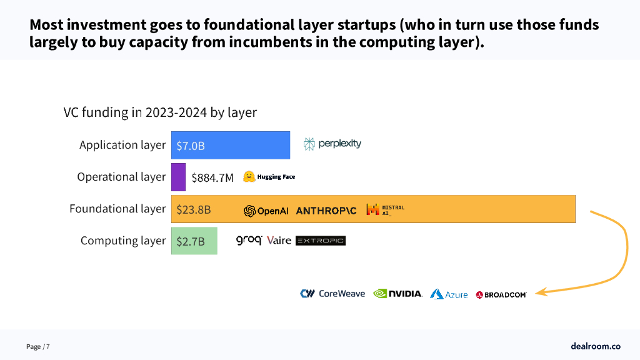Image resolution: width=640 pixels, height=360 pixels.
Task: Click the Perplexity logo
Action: point(332,144)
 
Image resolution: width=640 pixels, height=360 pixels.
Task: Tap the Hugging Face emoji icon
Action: point(249,177)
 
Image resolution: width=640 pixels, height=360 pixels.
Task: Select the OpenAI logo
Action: point(266,211)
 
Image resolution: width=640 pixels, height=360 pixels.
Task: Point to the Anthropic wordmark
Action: point(326,211)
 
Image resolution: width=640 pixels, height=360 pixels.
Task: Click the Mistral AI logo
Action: point(385,209)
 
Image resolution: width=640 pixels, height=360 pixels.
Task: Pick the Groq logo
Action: point(249,240)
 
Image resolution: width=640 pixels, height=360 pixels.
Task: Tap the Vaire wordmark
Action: point(279,241)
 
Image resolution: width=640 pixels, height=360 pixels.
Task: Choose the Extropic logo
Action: point(320,241)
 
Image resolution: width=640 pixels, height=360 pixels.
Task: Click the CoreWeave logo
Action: point(332,293)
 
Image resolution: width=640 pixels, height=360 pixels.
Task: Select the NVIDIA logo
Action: point(397,293)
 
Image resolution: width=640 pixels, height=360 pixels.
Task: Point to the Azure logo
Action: point(449,294)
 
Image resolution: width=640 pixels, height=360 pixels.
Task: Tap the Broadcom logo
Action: point(501,294)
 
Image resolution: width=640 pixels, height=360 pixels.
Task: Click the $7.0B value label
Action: point(191,146)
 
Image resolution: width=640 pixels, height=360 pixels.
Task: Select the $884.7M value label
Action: point(212,177)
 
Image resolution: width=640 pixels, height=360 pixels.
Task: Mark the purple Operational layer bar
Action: point(178,177)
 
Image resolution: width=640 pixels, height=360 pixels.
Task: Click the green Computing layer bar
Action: point(194,241)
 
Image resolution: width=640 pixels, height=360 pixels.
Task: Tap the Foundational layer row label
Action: point(117,209)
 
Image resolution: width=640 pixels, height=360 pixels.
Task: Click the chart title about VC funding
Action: point(160,112)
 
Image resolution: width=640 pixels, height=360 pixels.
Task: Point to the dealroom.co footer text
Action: point(595,346)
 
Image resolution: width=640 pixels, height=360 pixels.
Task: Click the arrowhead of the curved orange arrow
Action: point(540,292)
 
